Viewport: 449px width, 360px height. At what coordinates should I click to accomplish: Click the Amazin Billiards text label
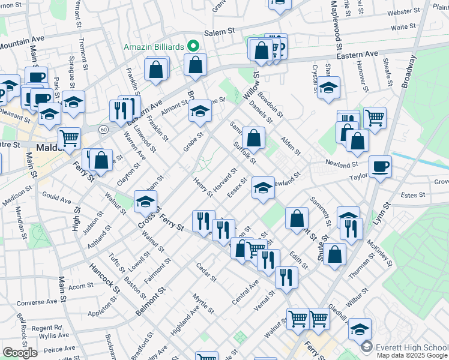tap(153, 46)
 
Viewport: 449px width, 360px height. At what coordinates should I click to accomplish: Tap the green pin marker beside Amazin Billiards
tap(193, 46)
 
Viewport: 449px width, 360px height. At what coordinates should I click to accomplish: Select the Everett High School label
tap(412, 347)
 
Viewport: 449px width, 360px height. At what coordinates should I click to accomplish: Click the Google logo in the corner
tap(20, 353)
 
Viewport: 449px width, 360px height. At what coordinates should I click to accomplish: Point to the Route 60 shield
tap(103, 129)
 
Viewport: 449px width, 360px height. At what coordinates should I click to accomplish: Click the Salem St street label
tap(219, 32)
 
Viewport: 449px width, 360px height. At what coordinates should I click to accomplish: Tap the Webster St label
tap(403, 12)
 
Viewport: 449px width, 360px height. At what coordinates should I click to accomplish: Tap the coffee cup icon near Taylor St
tap(380, 166)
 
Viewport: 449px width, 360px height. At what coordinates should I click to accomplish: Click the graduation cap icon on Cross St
tap(145, 202)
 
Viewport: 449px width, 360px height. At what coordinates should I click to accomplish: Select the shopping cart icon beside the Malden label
tap(70, 137)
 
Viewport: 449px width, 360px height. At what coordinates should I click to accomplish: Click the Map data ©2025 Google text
tap(411, 355)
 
